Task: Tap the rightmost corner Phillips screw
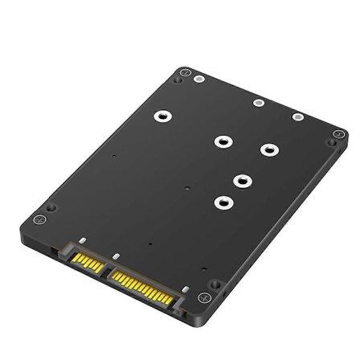332,143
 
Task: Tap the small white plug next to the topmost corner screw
198,79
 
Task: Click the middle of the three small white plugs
258,103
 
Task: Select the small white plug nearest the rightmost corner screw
297,118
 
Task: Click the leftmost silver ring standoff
161,116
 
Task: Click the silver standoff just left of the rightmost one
220,141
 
